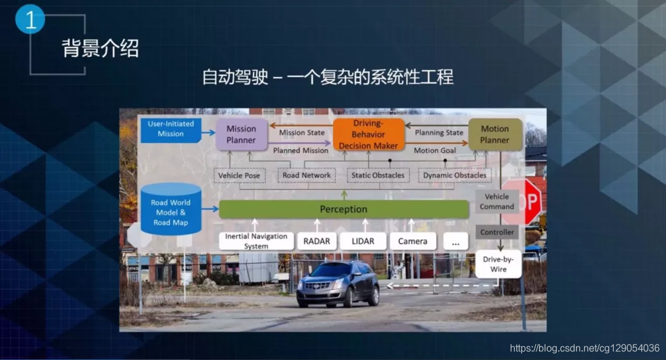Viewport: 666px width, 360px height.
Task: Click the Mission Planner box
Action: coord(241,134)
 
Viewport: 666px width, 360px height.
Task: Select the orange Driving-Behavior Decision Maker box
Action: coord(368,134)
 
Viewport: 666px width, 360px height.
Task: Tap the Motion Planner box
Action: coord(495,134)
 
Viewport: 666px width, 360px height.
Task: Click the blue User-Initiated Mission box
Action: coord(171,129)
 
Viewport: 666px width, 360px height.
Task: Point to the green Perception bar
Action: coord(343,209)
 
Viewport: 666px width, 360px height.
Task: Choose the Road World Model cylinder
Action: coord(171,210)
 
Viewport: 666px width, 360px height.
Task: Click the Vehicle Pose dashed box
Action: coord(239,175)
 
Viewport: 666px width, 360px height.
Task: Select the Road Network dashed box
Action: coord(306,175)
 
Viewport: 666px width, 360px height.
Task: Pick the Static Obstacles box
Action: coord(378,175)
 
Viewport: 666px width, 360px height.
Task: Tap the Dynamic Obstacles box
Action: coord(454,175)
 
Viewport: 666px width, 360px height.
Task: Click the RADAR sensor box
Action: coord(317,241)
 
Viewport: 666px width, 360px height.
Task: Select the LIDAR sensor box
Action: coord(363,241)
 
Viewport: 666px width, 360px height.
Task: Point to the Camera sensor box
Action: coord(413,241)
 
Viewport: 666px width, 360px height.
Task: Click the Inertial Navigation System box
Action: coord(256,241)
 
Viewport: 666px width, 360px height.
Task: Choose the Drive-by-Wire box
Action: coord(498,264)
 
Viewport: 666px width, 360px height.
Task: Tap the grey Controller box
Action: coord(497,232)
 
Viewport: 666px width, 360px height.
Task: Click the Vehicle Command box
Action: coord(496,202)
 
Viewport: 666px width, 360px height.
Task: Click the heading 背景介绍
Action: coord(101,48)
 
